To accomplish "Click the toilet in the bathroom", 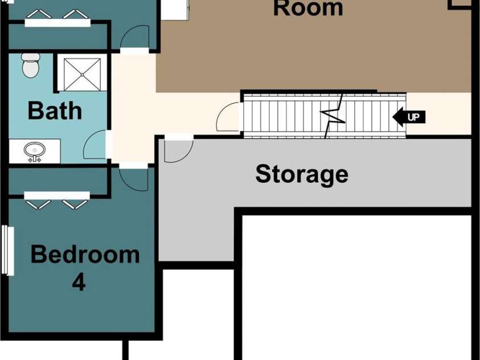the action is (x=31, y=65).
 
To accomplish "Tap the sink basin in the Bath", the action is (x=35, y=150).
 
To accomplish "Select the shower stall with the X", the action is (x=82, y=75).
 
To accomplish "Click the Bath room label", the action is (x=55, y=111).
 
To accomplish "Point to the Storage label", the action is (x=302, y=174).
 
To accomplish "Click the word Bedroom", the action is (x=85, y=255).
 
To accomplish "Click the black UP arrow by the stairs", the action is (x=409, y=117).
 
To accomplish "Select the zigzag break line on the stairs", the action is (x=333, y=116).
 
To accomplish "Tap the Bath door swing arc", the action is (x=95, y=144).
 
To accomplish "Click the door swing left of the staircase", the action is (x=227, y=117).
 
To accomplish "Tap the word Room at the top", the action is (x=308, y=9).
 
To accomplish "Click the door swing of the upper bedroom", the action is (x=134, y=37).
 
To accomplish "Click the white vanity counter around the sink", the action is (x=35, y=151).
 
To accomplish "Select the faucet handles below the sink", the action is (x=35, y=159).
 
